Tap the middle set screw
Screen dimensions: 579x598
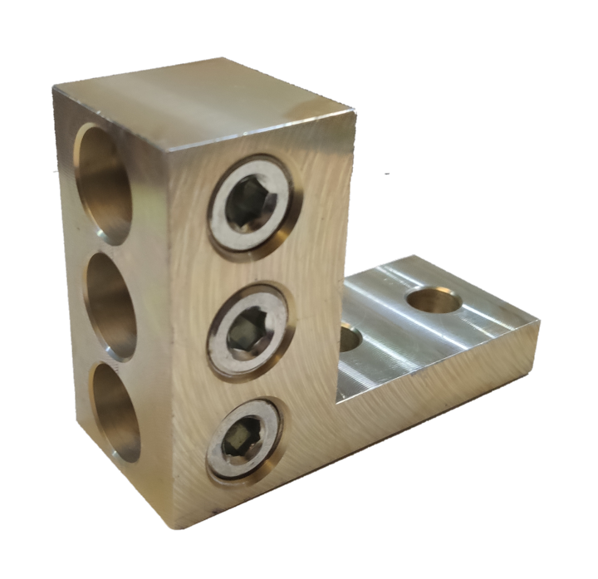tap(248, 325)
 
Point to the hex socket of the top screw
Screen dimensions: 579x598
tap(247, 201)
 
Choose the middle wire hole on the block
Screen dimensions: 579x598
tap(111, 304)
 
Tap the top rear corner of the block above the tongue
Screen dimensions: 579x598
tap(355, 112)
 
